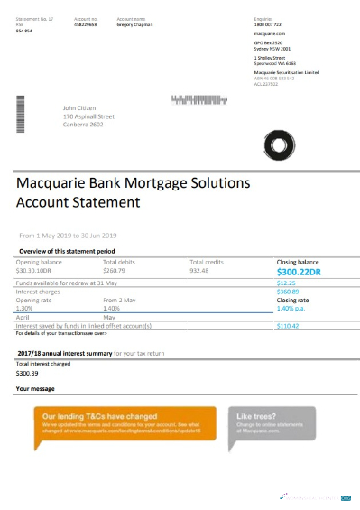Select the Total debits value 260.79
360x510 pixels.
tap(115, 270)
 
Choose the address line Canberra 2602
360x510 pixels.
tap(88, 125)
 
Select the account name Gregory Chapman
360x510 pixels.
tap(137, 26)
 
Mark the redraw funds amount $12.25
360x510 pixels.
tap(287, 283)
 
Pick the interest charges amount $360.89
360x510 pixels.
tap(288, 292)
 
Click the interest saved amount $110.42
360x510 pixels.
tap(288, 325)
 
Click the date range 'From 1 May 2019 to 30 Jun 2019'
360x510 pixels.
tap(75, 235)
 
